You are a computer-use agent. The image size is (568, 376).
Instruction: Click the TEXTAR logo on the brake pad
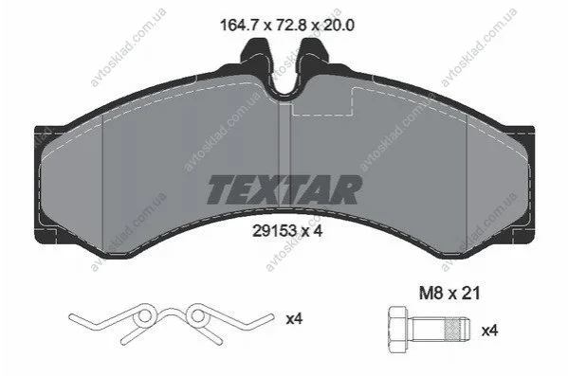pos(284,189)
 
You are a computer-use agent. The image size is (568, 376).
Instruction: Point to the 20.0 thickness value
pos(338,26)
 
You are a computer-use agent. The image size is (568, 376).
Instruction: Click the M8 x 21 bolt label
pos(449,293)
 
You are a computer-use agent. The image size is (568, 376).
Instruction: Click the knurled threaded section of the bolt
pos(453,330)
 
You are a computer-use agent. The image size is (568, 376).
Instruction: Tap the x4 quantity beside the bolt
pos(489,331)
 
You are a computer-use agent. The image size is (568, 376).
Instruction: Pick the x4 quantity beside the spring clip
pos(294,319)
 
